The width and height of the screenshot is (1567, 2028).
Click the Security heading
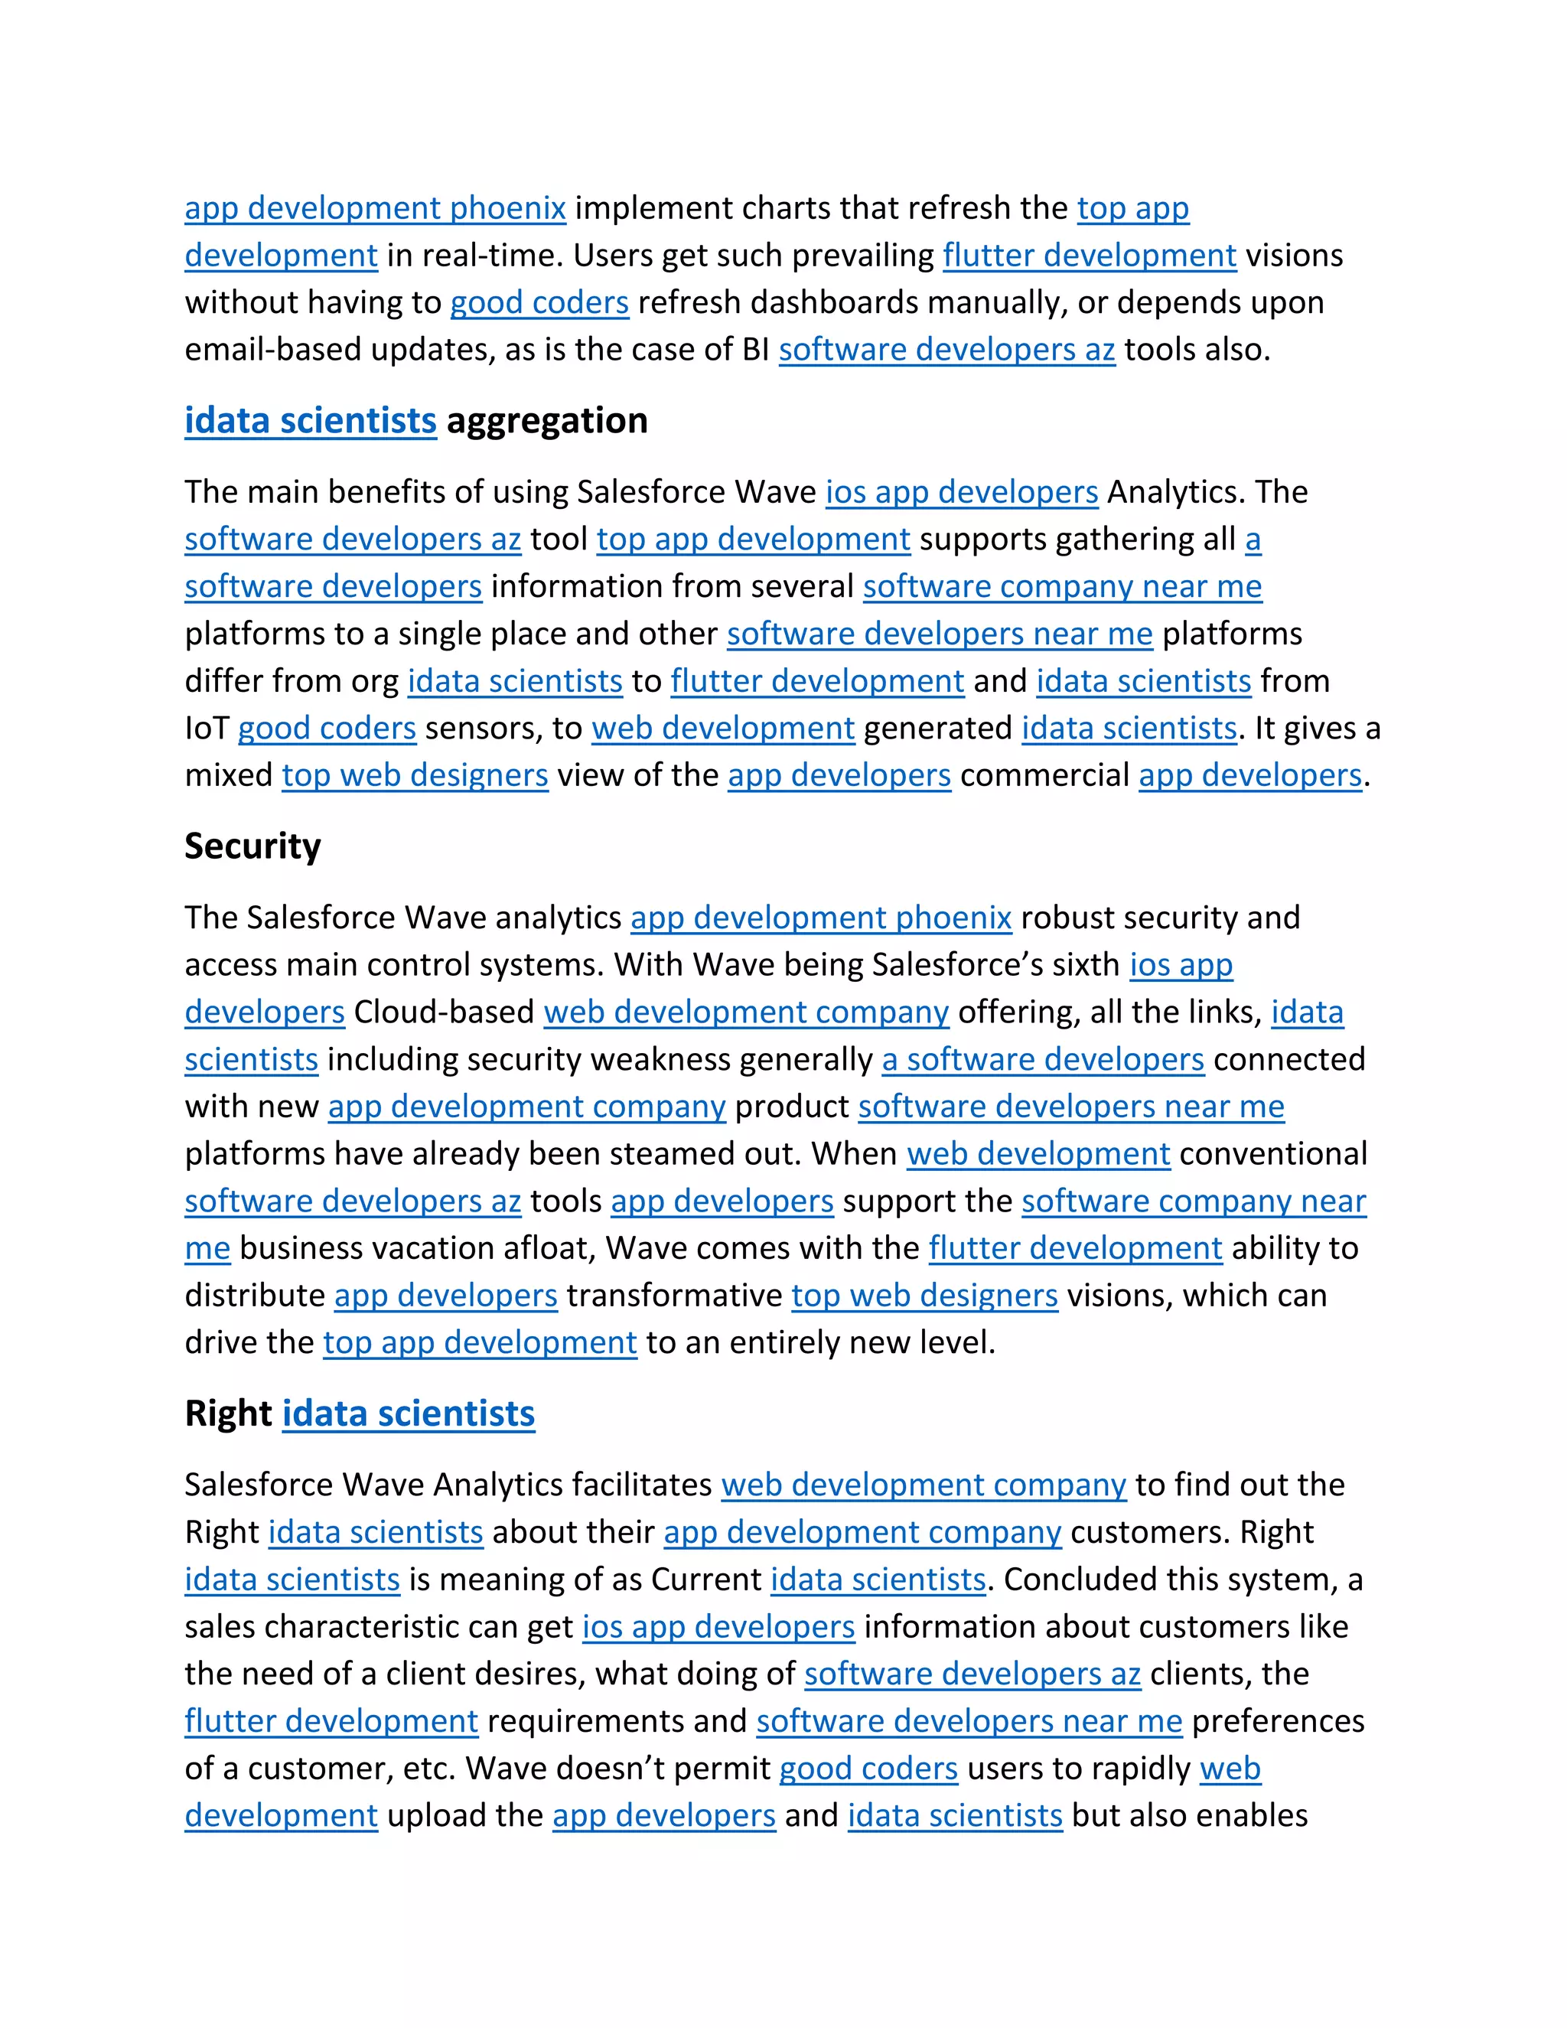pos(252,846)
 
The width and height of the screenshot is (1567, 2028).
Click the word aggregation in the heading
pos(547,421)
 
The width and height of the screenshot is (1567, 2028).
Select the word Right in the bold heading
pos(227,1413)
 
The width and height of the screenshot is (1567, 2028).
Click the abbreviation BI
pos(754,350)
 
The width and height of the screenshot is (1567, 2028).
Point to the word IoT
pos(206,728)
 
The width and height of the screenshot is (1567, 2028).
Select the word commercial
pos(1044,775)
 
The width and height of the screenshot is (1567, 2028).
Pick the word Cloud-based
pos(444,1012)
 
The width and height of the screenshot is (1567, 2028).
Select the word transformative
pos(674,1296)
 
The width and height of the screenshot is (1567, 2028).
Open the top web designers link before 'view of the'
pos(415,775)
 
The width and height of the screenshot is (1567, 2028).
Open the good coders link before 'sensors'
pos(327,728)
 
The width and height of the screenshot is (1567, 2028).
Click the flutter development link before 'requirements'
pos(331,1722)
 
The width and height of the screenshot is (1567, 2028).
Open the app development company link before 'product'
pos(526,1107)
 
